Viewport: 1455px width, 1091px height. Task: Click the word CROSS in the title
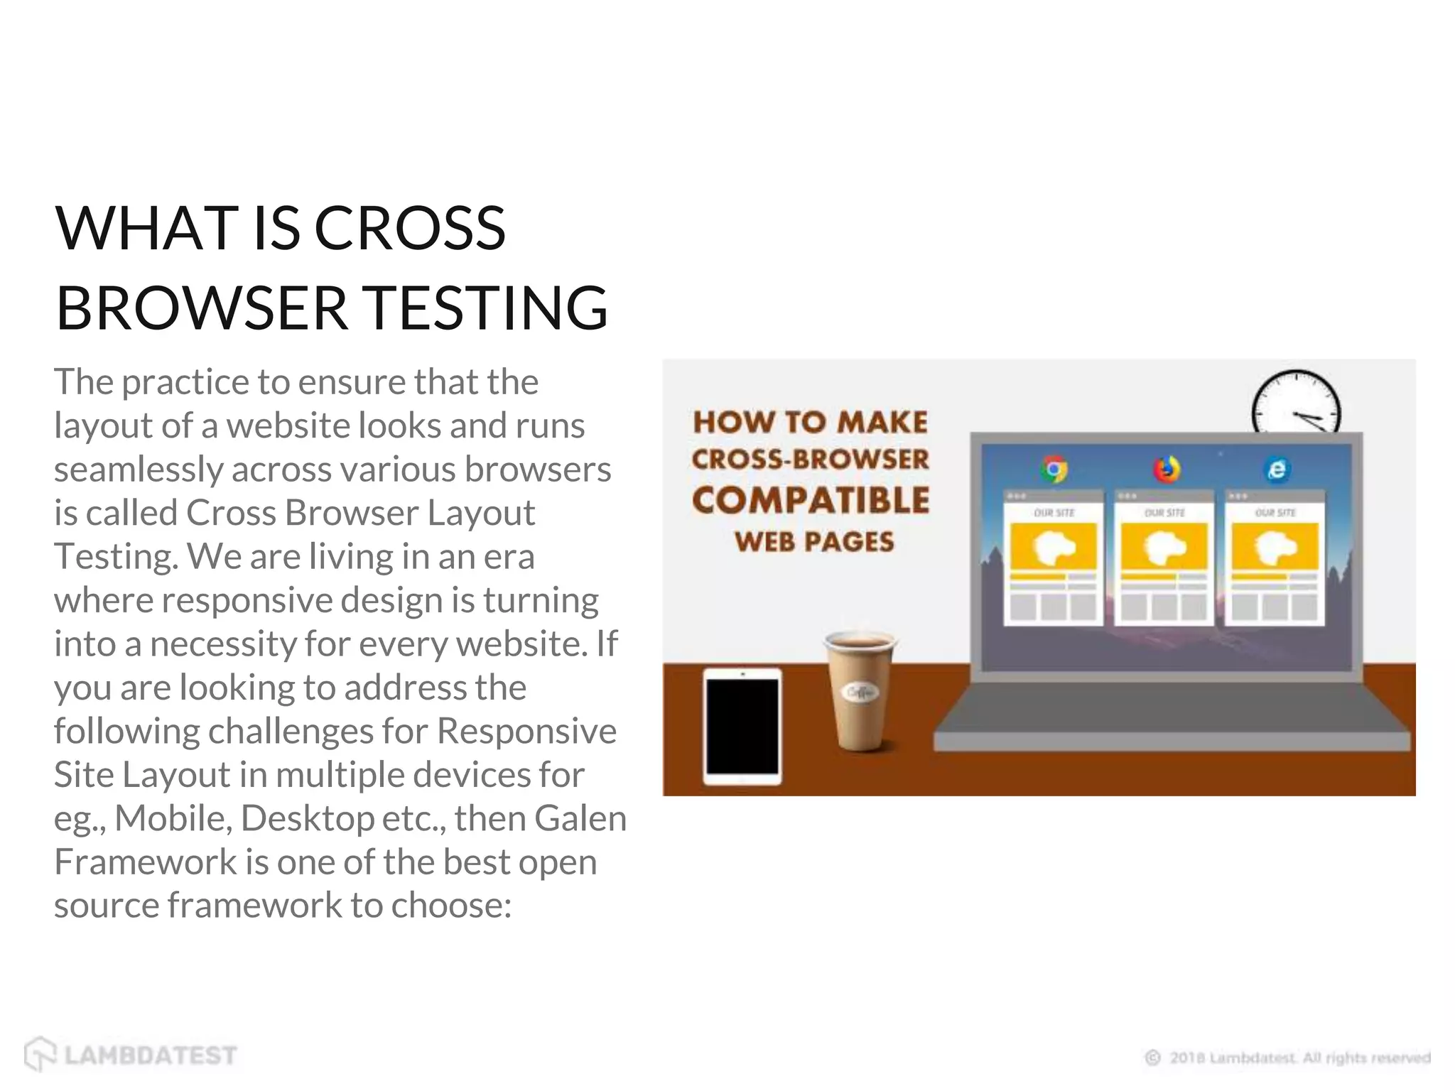(409, 229)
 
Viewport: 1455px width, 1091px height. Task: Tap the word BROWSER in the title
(201, 308)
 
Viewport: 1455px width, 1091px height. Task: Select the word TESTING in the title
(488, 308)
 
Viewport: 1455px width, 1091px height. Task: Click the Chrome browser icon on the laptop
(1054, 469)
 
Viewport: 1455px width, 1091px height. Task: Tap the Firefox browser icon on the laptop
(1166, 469)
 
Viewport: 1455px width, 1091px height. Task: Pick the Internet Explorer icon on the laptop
(1277, 469)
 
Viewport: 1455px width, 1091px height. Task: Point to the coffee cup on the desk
(860, 689)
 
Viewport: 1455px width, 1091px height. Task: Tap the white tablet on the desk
(742, 726)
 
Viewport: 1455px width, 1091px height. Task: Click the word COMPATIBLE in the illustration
(811, 501)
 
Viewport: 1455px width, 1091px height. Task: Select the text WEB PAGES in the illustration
(814, 542)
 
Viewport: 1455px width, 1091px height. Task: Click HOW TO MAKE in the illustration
(811, 422)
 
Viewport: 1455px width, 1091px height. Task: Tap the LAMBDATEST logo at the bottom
(131, 1055)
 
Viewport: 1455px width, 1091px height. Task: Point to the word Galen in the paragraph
(580, 818)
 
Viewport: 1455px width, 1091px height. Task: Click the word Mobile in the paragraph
(173, 818)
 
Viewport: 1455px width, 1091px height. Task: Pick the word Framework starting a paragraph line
(146, 862)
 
